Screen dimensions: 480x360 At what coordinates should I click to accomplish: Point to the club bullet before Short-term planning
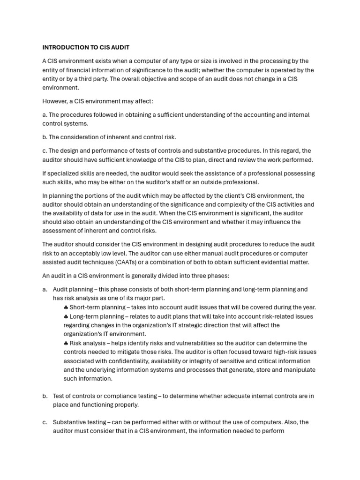66,307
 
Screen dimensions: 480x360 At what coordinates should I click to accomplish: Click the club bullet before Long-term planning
66,316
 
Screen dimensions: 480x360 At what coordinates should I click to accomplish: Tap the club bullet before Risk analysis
66,343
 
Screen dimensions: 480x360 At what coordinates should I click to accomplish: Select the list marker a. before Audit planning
45,290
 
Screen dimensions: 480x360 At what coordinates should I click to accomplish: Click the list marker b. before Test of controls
45,396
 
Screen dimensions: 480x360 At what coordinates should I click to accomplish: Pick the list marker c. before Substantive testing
45,422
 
